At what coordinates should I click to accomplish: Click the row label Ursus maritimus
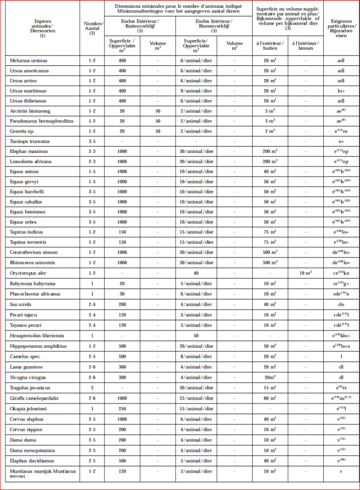(x=29, y=91)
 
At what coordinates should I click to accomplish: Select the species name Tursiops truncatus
(x=30, y=141)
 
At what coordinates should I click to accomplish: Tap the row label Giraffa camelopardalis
(x=35, y=398)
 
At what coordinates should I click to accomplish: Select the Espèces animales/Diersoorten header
(x=43, y=29)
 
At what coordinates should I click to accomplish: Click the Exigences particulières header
(x=341, y=29)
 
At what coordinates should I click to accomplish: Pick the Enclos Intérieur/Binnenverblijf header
(x=214, y=24)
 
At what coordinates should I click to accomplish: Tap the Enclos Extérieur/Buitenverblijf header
(x=140, y=24)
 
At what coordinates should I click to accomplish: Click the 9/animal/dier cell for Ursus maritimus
(x=196, y=91)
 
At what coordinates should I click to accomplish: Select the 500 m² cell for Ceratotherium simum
(x=270, y=252)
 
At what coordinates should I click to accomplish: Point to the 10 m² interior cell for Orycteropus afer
(x=305, y=273)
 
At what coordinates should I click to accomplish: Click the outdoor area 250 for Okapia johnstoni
(x=122, y=409)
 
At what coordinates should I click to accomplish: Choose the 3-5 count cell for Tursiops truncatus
(x=92, y=141)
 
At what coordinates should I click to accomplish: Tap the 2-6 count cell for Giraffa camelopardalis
(x=92, y=398)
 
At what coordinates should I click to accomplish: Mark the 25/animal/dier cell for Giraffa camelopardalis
(x=196, y=398)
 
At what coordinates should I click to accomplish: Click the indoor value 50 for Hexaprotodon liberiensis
(x=196, y=336)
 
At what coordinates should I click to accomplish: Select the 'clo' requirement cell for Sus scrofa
(x=341, y=305)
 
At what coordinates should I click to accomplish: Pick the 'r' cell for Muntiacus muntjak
(x=341, y=471)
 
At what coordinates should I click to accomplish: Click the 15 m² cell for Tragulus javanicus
(x=270, y=388)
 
